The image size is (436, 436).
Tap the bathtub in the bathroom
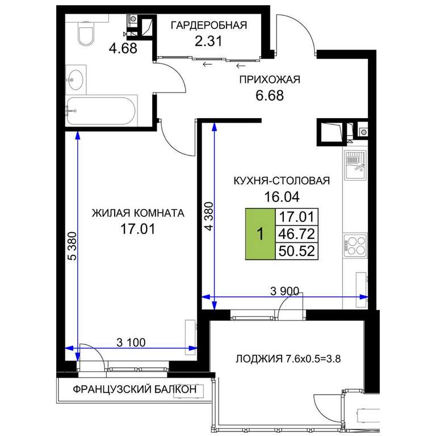(x=101, y=111)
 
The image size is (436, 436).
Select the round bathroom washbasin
(x=76, y=80)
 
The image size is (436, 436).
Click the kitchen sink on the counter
(x=355, y=165)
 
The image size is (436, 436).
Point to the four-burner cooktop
(x=355, y=245)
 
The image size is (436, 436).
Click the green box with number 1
(x=260, y=234)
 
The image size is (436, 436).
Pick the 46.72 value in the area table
(x=297, y=234)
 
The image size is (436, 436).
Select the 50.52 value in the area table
(x=297, y=251)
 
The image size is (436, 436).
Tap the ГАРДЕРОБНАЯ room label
(x=208, y=26)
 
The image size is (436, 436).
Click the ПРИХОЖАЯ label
(x=270, y=80)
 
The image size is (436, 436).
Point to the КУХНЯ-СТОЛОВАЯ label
(x=282, y=181)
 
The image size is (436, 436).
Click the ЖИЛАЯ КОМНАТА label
(x=138, y=213)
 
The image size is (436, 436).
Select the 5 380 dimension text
(x=72, y=246)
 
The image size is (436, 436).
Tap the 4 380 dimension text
(x=209, y=216)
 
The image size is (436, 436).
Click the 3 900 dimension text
(x=284, y=291)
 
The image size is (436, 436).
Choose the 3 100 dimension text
(x=131, y=342)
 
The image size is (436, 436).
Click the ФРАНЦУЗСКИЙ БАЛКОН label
(x=135, y=389)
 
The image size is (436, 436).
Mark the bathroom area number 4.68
(x=123, y=48)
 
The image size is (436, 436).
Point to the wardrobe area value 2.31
(x=208, y=41)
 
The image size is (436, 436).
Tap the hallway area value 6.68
(x=270, y=95)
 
